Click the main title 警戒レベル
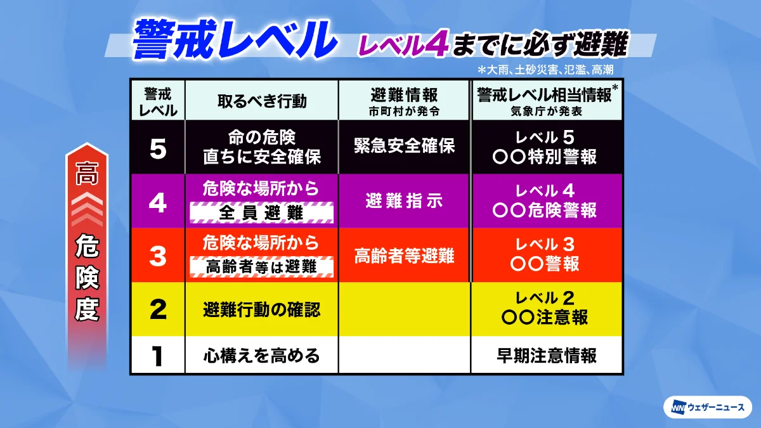235,40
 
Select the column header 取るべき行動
262,101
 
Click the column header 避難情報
404,95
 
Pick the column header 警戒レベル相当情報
544,95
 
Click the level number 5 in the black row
158,149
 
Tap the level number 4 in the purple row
158,202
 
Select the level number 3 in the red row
158,256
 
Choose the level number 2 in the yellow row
158,309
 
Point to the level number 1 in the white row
157,356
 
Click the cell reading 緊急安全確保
404,146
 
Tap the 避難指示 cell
404,200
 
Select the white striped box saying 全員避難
261,213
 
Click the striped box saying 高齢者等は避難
261,267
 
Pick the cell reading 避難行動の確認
261,310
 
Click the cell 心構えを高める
261,356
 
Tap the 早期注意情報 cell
546,356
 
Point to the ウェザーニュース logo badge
708,407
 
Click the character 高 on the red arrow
87,174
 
